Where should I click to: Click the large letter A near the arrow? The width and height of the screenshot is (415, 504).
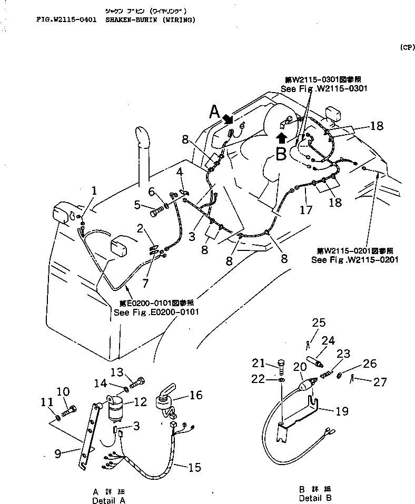(214, 112)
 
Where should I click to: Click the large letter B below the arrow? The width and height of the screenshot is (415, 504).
(282, 154)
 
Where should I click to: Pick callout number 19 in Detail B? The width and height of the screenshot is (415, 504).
(342, 411)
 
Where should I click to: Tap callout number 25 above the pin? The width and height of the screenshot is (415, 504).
(319, 323)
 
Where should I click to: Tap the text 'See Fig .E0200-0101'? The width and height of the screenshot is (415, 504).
(156, 312)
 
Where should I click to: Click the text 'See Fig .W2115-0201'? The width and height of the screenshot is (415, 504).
(354, 259)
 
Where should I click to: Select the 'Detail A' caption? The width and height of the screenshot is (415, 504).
(108, 500)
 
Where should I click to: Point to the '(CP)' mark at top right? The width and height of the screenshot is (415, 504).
(407, 47)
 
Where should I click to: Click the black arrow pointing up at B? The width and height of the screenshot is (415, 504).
(282, 138)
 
